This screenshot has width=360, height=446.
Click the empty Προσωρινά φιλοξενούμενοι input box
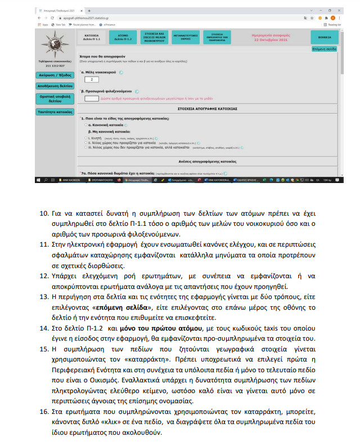(x=91, y=99)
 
